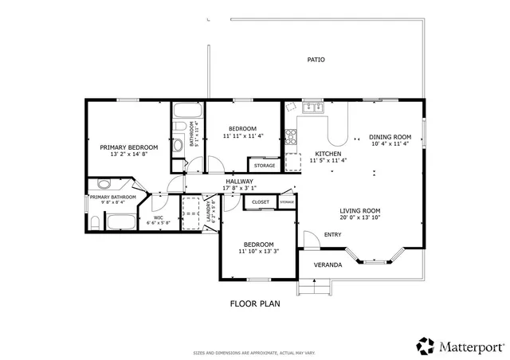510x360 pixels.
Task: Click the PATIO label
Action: tap(316, 60)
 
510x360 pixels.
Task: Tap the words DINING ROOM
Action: tap(390, 136)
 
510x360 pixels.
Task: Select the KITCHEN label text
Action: tap(328, 153)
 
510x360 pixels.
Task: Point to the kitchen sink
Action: tap(312, 107)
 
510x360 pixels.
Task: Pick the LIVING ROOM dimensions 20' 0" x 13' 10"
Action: tap(359, 217)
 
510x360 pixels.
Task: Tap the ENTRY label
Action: tap(332, 234)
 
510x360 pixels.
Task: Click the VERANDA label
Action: tap(328, 264)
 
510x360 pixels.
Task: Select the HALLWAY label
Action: tap(239, 182)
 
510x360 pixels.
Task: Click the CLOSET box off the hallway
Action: tap(261, 202)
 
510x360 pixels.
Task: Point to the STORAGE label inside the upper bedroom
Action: tap(265, 166)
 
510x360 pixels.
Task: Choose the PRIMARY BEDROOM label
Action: tap(128, 147)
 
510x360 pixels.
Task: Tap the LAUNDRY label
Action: tap(209, 211)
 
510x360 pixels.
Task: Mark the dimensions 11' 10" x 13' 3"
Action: tap(258, 252)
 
